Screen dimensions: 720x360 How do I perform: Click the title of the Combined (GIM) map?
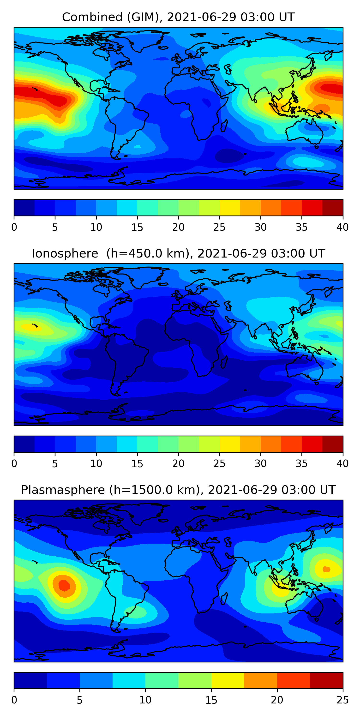[x=178, y=17]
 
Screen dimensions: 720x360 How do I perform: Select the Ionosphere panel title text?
[x=178, y=253]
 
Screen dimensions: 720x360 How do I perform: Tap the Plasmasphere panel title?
[x=178, y=490]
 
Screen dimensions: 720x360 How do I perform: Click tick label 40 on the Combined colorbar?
[x=342, y=227]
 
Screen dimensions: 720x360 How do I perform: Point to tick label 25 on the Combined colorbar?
[x=219, y=227]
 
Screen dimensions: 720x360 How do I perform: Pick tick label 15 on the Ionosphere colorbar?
[x=137, y=463]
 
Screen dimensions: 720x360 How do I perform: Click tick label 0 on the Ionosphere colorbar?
[x=14, y=463]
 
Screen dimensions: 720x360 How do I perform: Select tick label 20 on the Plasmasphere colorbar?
[x=277, y=700]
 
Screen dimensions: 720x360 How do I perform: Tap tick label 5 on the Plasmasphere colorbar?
[x=80, y=700]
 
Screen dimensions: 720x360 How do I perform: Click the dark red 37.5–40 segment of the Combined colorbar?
[x=333, y=208]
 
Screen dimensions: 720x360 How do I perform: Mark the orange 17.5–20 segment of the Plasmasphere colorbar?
[x=260, y=680]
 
